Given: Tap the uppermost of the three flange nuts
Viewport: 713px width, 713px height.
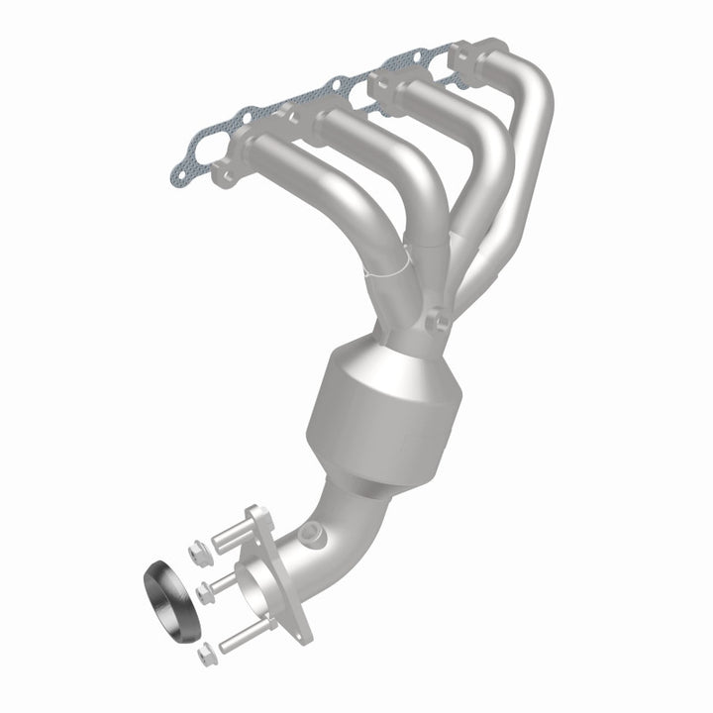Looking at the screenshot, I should (x=195, y=545).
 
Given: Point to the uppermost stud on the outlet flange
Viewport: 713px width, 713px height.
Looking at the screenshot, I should (x=230, y=536).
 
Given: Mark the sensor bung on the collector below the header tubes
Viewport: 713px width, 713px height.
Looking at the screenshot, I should (x=437, y=321).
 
